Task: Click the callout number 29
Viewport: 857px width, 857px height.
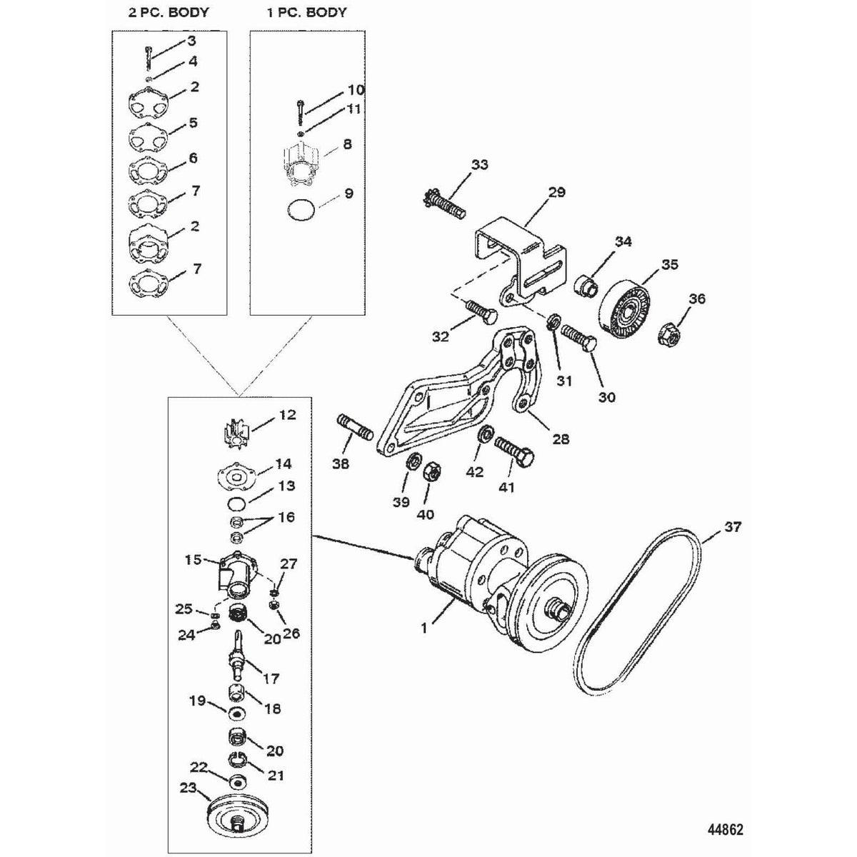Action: click(556, 192)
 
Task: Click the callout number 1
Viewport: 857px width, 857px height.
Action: click(425, 630)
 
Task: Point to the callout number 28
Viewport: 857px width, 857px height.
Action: click(561, 438)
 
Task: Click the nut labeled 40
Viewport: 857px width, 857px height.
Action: click(431, 472)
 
